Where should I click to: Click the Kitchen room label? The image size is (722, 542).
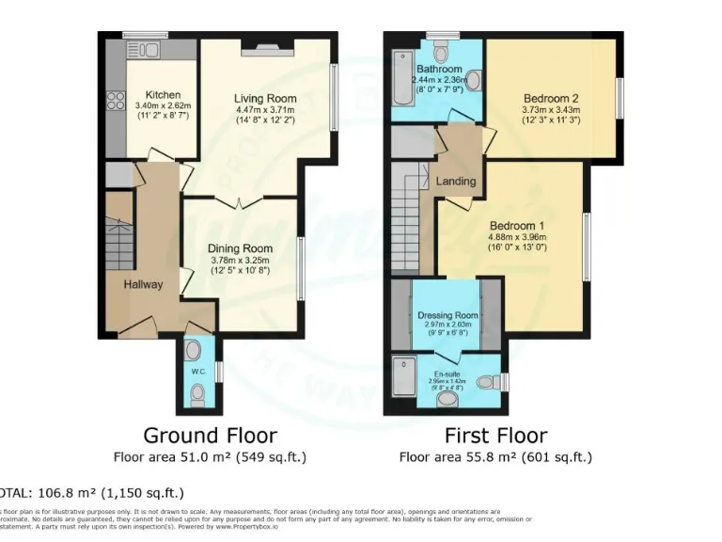(x=163, y=95)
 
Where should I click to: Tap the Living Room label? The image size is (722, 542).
(x=265, y=98)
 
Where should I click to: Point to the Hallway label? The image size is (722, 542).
(x=143, y=284)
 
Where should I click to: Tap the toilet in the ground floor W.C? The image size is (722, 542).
(x=194, y=350)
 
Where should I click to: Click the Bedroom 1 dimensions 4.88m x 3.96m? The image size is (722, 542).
(x=517, y=237)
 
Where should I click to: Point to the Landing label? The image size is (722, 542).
(x=456, y=181)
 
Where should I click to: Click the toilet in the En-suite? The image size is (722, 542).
(x=488, y=382)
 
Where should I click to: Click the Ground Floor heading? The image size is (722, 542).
(x=210, y=436)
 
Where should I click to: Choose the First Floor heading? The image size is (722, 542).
(x=495, y=436)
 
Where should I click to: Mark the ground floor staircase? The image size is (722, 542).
(x=120, y=242)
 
